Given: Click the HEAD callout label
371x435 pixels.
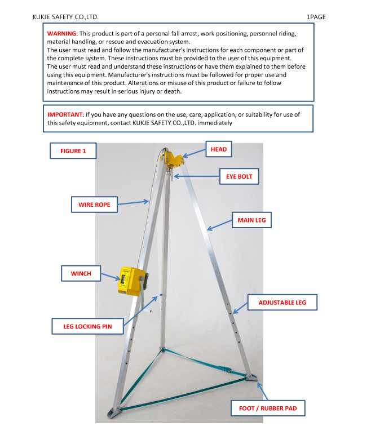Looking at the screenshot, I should (x=219, y=149).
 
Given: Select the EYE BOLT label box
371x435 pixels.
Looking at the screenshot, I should (x=239, y=176).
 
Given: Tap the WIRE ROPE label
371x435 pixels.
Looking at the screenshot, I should (x=95, y=204).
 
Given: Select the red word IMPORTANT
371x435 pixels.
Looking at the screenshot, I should (x=65, y=114).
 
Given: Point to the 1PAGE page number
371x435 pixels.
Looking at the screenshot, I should (x=316, y=17).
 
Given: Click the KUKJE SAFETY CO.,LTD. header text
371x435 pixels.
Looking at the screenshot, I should (x=66, y=17).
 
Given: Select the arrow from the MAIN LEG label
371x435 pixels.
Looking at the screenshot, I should (x=219, y=225).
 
